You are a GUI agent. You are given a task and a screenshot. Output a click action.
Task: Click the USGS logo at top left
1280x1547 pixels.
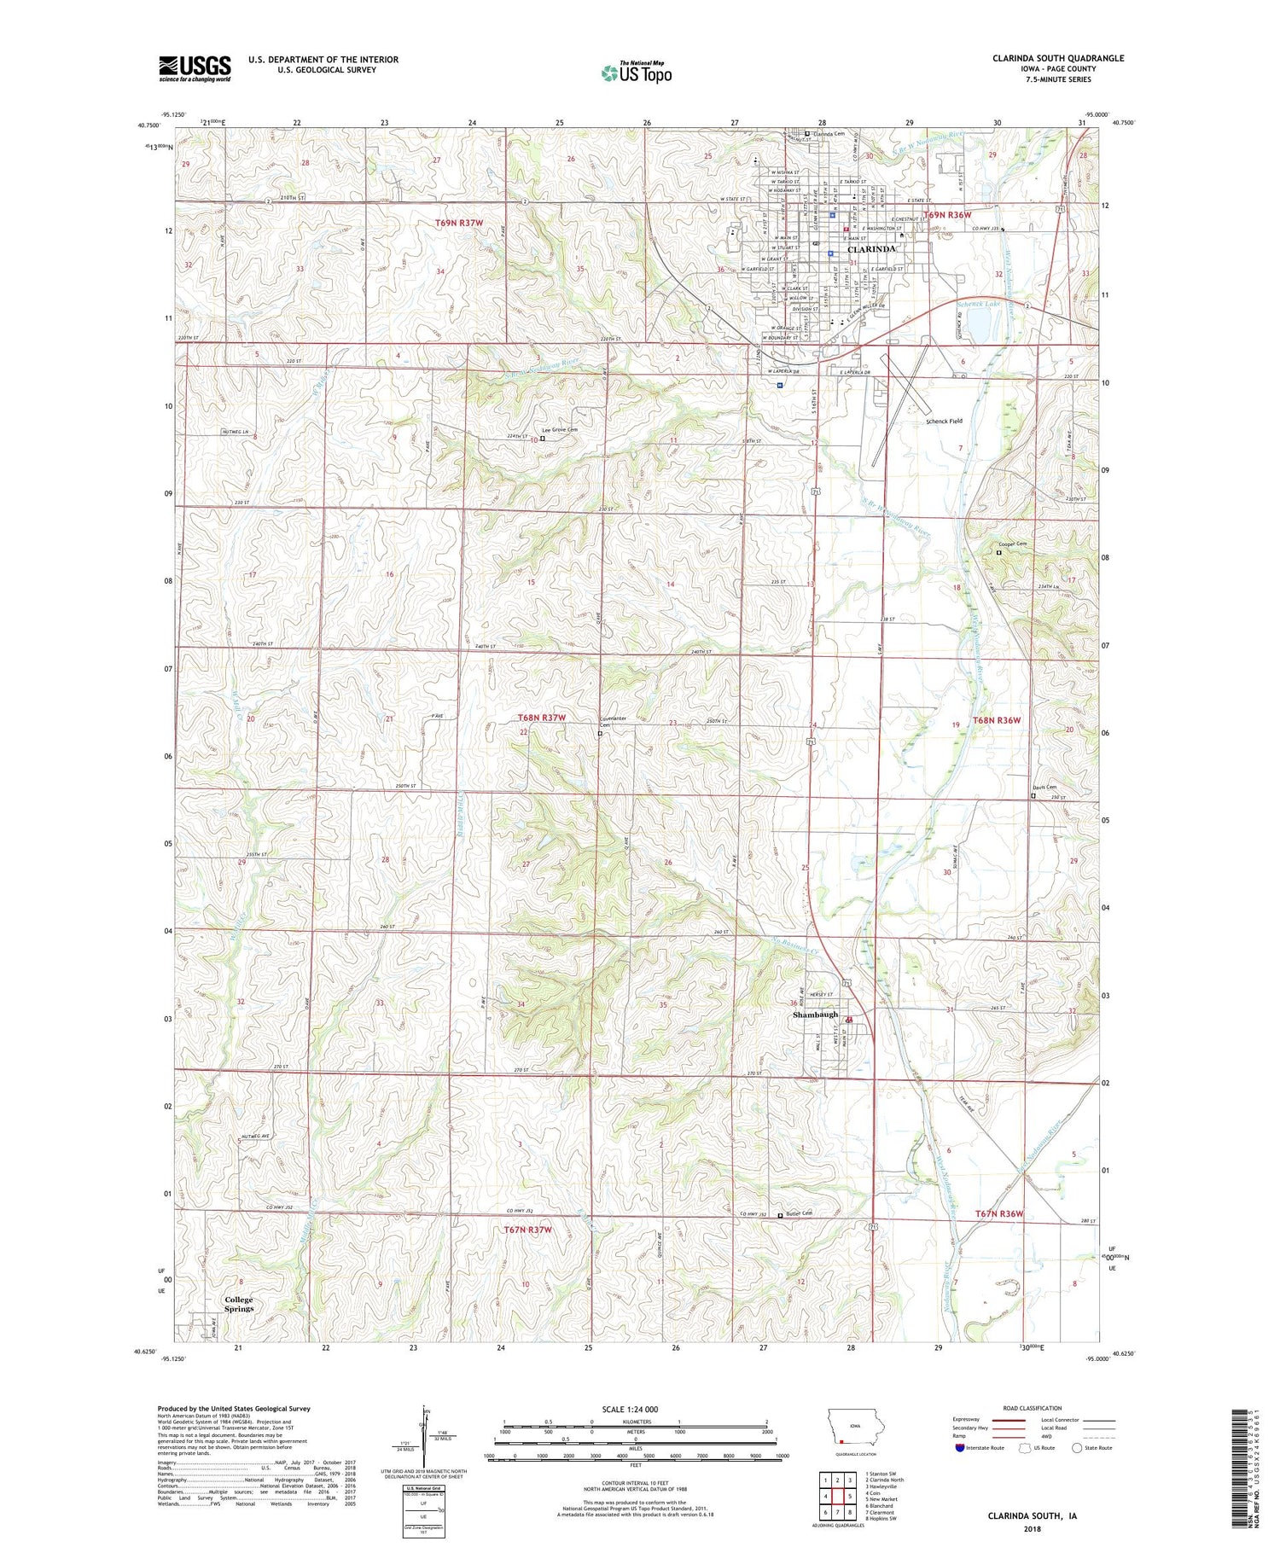point(195,68)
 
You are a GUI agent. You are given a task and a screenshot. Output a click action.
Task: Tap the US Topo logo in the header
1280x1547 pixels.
point(636,73)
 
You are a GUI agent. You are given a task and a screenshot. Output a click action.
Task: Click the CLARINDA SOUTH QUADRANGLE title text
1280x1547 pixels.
point(1045,58)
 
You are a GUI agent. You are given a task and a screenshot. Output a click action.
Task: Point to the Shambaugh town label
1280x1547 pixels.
point(815,1015)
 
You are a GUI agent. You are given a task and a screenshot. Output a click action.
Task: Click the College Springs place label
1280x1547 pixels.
point(239,1304)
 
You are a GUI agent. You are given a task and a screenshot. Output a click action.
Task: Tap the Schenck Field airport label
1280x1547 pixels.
point(944,422)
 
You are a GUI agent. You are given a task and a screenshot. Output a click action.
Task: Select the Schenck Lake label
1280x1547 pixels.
point(979,304)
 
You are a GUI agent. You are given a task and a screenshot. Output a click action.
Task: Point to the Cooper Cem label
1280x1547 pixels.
point(1013,544)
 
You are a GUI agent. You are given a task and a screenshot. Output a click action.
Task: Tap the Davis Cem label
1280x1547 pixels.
point(1044,788)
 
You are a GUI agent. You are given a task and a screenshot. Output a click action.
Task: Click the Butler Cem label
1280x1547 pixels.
point(799,1213)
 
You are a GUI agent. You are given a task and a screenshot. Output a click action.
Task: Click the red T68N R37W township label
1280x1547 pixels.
point(541,718)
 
